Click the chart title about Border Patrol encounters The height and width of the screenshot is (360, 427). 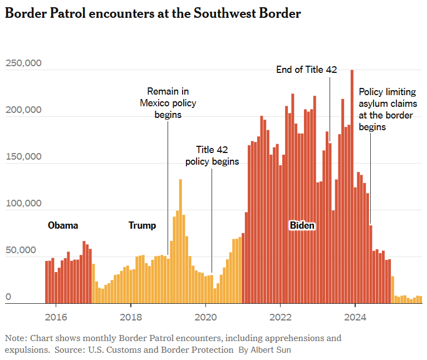(153, 14)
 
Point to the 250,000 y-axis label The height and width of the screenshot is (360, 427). (23, 63)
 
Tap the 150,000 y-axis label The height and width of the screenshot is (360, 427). (23, 157)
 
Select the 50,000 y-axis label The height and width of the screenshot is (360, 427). (23, 250)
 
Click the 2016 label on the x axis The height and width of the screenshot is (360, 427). (56, 318)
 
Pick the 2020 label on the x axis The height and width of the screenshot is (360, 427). (205, 318)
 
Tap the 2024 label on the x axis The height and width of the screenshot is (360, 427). (355, 318)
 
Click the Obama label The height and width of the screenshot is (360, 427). (63, 225)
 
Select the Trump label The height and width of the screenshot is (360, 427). (142, 225)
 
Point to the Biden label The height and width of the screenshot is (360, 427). (302, 225)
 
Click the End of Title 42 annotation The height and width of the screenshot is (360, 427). (307, 70)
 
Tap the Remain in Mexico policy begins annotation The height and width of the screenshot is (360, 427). (168, 103)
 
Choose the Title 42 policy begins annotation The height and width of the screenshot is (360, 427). (212, 156)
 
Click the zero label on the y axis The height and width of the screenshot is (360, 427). (8, 298)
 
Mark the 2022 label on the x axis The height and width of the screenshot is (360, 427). (280, 318)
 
